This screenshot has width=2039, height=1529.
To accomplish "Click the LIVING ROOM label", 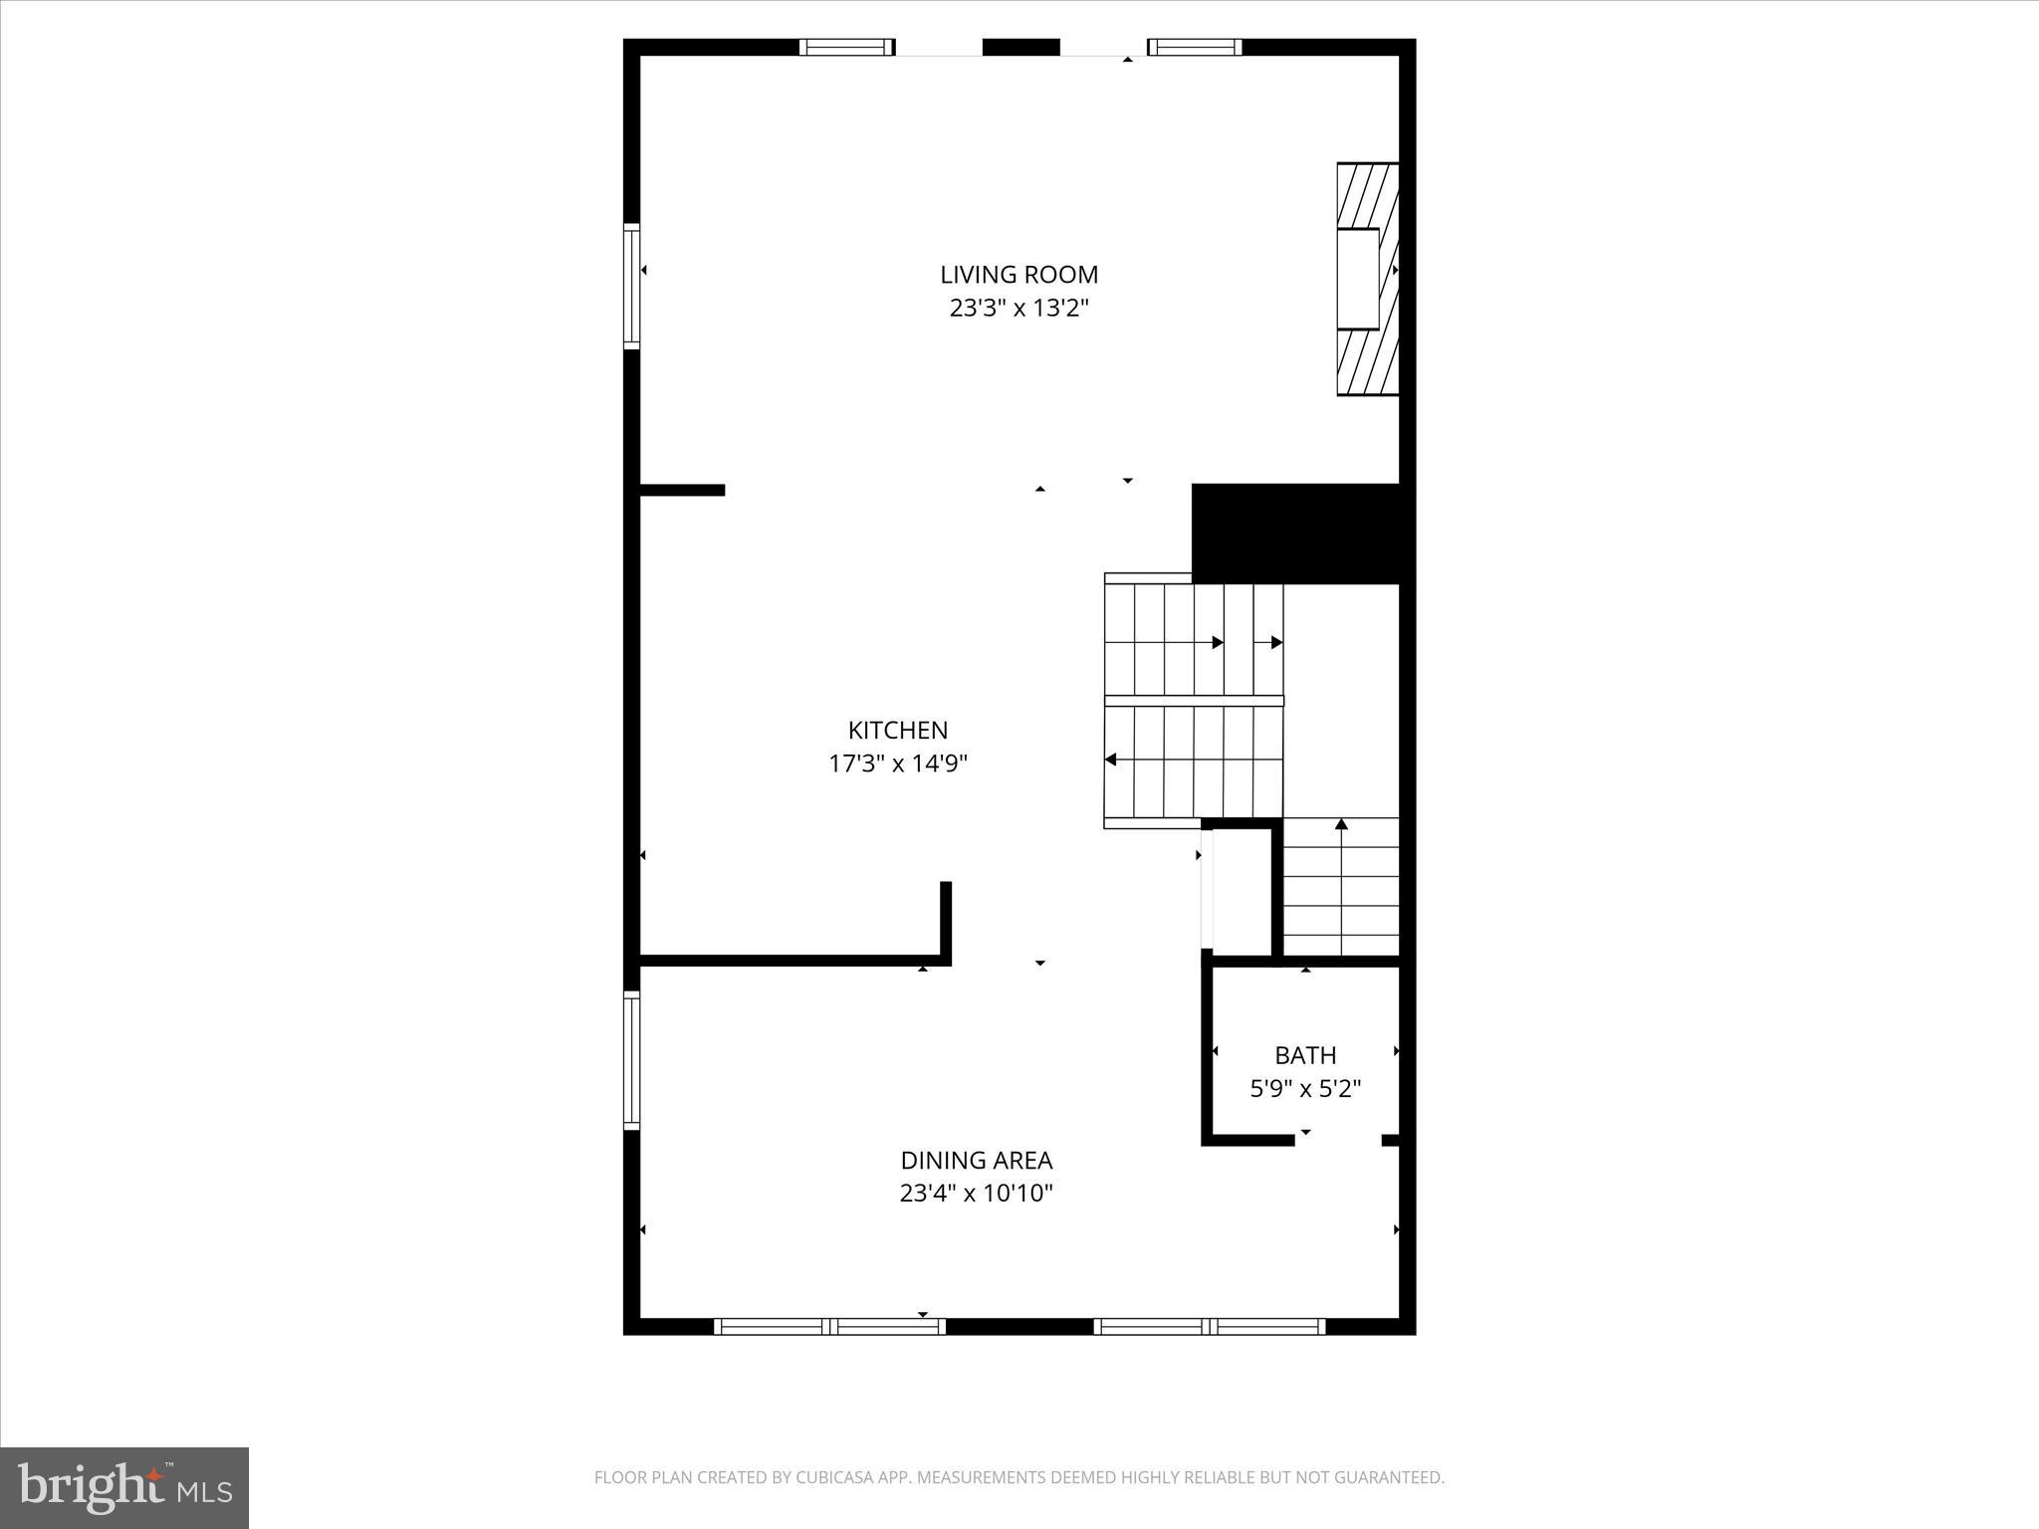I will [x=1019, y=275].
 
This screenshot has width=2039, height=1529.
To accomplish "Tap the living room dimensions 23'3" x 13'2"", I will [x=1019, y=309].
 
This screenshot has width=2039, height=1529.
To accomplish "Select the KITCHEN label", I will [x=897, y=731].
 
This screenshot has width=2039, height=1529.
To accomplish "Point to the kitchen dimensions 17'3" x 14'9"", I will [x=897, y=764].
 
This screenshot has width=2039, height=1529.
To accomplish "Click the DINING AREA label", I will [x=976, y=1161].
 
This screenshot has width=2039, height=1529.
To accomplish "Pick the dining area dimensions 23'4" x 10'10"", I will [x=976, y=1194].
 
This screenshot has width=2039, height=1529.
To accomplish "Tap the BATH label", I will [x=1305, y=1055].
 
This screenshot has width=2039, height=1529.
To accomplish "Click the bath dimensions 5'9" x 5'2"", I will [x=1305, y=1089].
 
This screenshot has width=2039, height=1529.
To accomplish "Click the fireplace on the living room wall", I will [x=1366, y=279].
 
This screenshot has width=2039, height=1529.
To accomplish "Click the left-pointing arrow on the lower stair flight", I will [x=1111, y=761].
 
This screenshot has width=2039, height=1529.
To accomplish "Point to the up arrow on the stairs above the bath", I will [x=1341, y=824].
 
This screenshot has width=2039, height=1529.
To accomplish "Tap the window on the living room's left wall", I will [x=631, y=287].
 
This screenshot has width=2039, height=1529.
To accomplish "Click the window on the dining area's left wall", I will [x=631, y=1060].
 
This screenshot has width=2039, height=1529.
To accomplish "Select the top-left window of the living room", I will [x=846, y=47].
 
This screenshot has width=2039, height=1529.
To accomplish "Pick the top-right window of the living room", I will [x=1195, y=47].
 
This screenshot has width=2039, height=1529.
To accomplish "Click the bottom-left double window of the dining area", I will [x=829, y=1326].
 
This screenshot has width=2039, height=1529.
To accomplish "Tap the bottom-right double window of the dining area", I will [x=1210, y=1326].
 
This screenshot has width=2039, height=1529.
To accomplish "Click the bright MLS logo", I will [x=124, y=1488].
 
